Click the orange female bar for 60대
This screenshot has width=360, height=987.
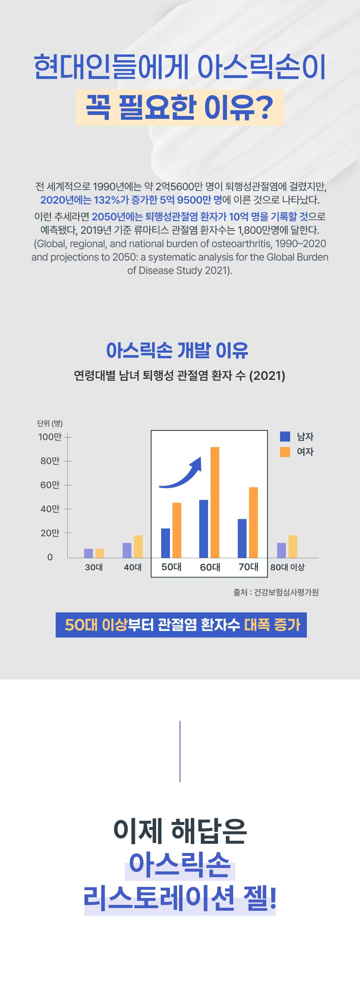(x=215, y=502)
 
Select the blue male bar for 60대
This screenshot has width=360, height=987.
(x=203, y=528)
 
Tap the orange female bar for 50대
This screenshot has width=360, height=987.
(x=177, y=530)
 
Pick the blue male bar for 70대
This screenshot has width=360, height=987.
(x=242, y=538)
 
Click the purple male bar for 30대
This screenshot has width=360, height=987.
(x=88, y=553)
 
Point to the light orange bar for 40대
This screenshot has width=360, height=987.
(x=138, y=546)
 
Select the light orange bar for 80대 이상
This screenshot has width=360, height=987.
(x=293, y=546)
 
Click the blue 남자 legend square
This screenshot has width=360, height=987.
(x=285, y=436)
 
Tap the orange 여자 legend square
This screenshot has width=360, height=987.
(x=285, y=452)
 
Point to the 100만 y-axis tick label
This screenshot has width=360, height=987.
(x=50, y=437)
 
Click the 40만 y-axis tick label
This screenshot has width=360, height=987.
(x=50, y=509)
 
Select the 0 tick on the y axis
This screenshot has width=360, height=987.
(x=50, y=557)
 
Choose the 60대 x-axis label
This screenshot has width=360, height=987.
(x=210, y=567)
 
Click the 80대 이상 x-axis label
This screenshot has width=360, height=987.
(x=287, y=567)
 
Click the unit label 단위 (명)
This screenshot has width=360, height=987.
(x=50, y=423)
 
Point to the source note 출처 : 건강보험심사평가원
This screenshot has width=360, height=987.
(x=276, y=592)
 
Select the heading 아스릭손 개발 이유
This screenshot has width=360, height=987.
(x=177, y=350)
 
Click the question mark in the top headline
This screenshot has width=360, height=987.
(x=264, y=108)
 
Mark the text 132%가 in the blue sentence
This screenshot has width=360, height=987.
(x=111, y=200)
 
